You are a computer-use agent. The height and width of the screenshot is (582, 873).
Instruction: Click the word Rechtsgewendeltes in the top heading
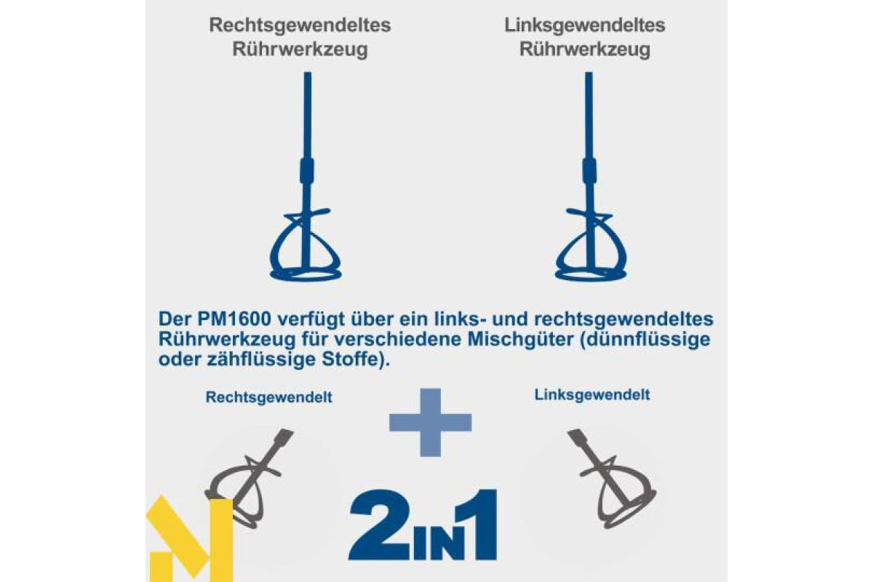tap(300, 25)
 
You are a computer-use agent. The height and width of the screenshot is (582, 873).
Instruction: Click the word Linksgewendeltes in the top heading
tap(585, 25)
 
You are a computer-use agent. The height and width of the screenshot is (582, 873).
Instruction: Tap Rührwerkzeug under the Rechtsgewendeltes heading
tap(300, 50)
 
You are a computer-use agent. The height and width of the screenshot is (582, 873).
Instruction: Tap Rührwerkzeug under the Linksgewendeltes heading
tap(585, 50)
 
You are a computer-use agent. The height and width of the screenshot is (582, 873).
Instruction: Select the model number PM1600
tap(234, 319)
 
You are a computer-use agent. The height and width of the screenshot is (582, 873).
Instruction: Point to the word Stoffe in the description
tap(349, 359)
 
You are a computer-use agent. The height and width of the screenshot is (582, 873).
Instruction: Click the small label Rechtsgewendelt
tap(269, 397)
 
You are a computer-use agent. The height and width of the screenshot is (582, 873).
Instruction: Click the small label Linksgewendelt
tap(592, 395)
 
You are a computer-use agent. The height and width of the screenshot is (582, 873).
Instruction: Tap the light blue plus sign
tap(430, 423)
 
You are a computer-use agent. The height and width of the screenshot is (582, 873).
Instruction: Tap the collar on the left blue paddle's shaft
tap(306, 170)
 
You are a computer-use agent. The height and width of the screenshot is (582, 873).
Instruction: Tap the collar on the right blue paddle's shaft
tap(589, 170)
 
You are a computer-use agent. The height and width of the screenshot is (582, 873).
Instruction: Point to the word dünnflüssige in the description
tap(645, 339)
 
